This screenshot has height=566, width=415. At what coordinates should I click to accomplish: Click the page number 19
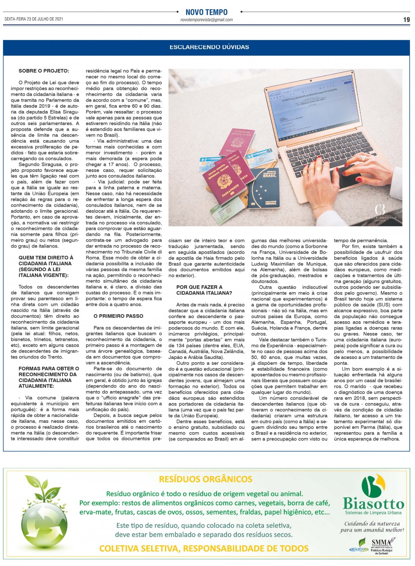tap(406, 20)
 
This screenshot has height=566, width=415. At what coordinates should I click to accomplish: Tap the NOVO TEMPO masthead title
tap(206, 12)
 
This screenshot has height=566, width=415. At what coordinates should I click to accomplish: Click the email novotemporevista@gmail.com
tap(206, 20)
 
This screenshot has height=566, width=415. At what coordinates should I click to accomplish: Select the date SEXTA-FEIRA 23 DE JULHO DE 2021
tap(34, 19)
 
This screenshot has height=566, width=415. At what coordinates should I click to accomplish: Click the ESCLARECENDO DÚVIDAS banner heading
tap(209, 47)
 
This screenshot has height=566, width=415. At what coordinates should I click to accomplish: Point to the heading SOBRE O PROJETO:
tap(44, 71)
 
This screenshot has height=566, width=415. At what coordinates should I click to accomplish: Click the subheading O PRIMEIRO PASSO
tap(118, 316)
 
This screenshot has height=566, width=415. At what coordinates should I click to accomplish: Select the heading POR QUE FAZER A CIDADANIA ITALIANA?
tap(204, 290)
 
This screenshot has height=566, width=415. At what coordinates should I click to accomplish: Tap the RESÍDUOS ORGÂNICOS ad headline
tap(206, 479)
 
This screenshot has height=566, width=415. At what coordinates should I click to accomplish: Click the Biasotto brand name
tap(373, 504)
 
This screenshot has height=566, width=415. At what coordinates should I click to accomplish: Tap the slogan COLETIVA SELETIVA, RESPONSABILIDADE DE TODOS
tap(204, 548)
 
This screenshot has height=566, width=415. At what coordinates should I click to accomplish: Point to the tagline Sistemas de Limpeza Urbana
tap(373, 513)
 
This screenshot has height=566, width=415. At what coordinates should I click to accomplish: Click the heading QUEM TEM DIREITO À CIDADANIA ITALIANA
tap(46, 266)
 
